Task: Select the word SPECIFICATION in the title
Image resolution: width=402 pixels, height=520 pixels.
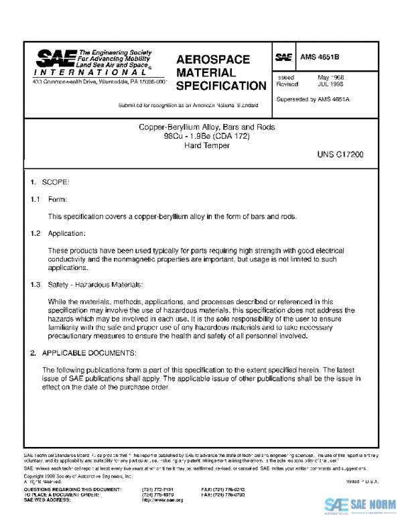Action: coord(221,86)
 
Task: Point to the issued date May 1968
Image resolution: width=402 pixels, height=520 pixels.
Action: coord(330,78)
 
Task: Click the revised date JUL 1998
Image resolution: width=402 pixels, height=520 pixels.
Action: coord(331,84)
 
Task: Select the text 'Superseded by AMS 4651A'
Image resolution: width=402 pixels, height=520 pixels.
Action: coord(312,99)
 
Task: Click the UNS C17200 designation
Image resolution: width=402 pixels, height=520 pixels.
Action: coord(340,154)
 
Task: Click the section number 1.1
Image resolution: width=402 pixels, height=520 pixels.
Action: coord(36,199)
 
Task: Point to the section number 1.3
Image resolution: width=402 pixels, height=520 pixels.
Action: coord(36,285)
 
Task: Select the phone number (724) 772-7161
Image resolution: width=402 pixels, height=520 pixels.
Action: coord(155,490)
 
